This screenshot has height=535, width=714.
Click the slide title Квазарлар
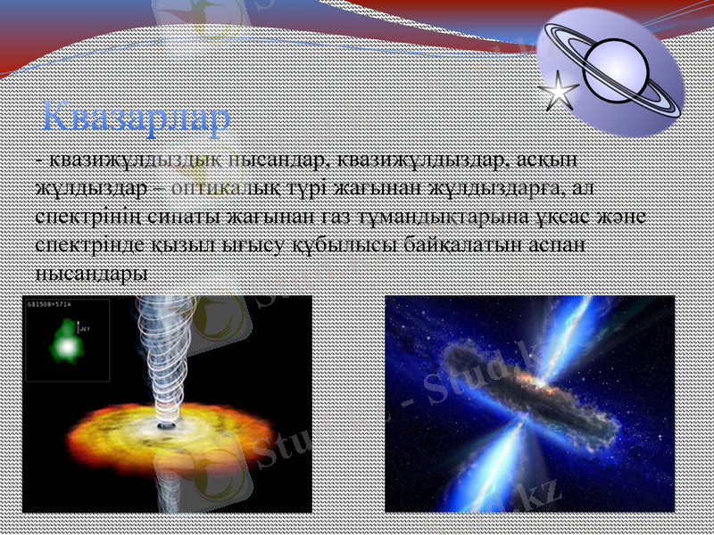tap(137, 117)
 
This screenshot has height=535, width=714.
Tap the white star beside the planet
tap(559, 90)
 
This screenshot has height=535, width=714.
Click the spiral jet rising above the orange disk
tap(164, 357)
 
